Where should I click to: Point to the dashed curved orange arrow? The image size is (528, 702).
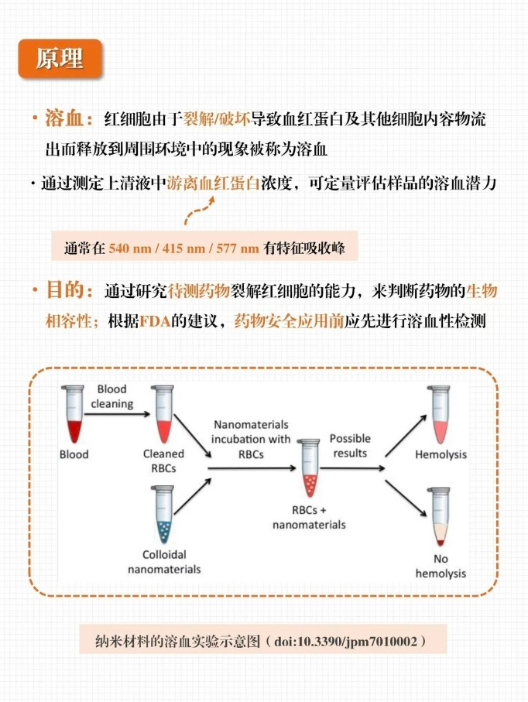[199, 210]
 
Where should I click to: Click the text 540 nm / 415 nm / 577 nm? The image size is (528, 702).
[183, 248]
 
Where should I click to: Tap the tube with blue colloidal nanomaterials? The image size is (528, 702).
[163, 515]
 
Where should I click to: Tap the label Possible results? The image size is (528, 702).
[350, 446]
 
